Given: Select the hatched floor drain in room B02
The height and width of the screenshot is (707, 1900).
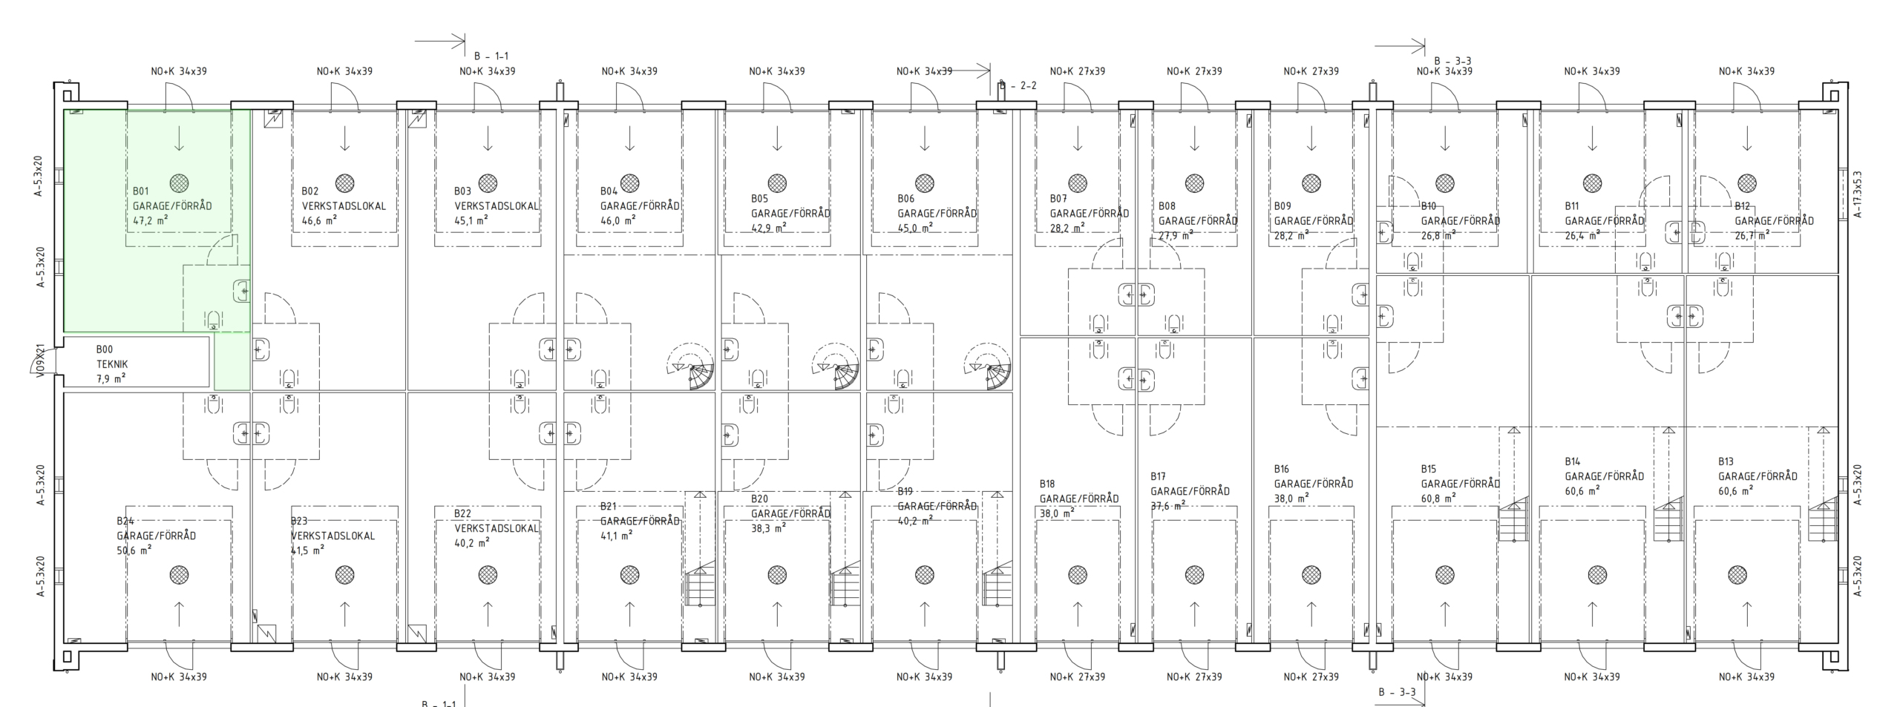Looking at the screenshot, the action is pyautogui.click(x=344, y=182).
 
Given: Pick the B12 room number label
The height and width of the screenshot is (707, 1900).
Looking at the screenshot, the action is pyautogui.click(x=1743, y=205).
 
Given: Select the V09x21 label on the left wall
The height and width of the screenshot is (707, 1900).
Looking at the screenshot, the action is pyautogui.click(x=42, y=364).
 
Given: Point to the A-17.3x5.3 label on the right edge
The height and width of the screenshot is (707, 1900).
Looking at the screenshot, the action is pyautogui.click(x=1858, y=194).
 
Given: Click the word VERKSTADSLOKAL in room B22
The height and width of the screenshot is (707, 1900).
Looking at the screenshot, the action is pyautogui.click(x=497, y=528).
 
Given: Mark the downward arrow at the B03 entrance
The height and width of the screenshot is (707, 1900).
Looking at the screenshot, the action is pyautogui.click(x=488, y=138).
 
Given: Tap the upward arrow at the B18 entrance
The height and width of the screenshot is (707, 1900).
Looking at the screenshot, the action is pyautogui.click(x=1078, y=614).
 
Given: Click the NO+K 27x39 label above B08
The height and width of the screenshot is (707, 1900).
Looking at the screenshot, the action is pyautogui.click(x=1194, y=71).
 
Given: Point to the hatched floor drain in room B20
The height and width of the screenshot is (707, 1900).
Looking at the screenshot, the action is pyautogui.click(x=777, y=574).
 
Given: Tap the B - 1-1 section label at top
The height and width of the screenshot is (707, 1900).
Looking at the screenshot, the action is pyautogui.click(x=491, y=56).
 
